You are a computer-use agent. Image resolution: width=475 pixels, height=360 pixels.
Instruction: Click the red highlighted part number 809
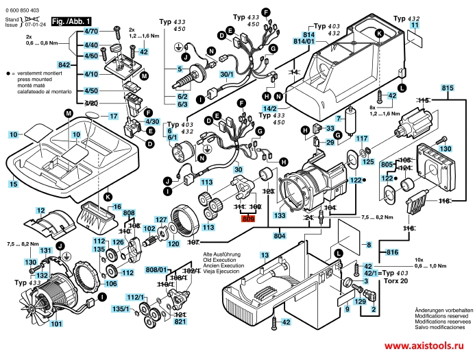coord(247,219)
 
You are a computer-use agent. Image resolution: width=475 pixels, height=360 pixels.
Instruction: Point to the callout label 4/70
coord(90,32)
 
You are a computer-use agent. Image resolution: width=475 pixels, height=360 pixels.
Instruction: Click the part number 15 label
coord(13,184)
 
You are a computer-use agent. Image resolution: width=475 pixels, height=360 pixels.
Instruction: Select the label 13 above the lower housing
coord(264,255)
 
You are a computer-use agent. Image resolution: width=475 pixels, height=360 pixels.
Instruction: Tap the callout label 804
coord(280,236)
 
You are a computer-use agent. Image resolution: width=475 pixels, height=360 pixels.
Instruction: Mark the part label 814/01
coord(304,41)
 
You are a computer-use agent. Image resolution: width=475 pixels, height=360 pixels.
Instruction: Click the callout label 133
coord(280,215)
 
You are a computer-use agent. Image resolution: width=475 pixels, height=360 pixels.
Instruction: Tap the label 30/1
coord(226,74)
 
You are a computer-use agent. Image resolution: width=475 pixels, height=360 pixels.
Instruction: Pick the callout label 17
coord(114,117)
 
